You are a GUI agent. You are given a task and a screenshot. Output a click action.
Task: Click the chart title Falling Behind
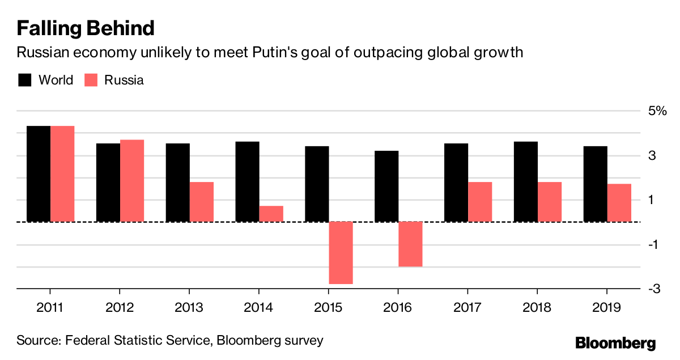click(86, 28)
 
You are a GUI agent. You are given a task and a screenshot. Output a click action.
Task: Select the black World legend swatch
click(24, 80)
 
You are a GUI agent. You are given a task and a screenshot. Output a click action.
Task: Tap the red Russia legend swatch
click(91, 80)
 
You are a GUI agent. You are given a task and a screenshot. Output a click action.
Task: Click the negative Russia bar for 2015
click(341, 252)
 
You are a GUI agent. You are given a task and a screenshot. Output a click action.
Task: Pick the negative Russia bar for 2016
click(410, 244)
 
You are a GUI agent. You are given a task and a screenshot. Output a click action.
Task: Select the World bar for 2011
click(39, 173)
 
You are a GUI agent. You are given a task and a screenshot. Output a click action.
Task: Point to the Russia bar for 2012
click(132, 180)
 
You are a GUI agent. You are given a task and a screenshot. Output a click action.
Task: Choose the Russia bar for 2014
click(271, 213)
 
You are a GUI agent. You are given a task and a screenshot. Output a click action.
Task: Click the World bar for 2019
click(595, 184)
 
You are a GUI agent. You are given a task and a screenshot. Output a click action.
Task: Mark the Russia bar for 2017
click(480, 201)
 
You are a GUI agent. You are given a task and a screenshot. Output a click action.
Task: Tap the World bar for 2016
click(386, 186)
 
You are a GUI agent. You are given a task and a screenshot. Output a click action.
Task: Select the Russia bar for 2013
click(201, 201)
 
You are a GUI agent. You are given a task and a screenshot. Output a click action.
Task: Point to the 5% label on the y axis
click(658, 111)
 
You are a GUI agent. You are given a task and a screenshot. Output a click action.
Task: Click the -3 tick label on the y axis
click(655, 289)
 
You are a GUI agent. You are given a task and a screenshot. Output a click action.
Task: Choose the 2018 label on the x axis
click(537, 308)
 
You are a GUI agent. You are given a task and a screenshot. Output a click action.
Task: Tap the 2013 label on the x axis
click(189, 308)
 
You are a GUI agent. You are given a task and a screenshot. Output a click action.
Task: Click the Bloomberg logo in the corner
click(615, 343)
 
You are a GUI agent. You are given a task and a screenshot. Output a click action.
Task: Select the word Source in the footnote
click(37, 341)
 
